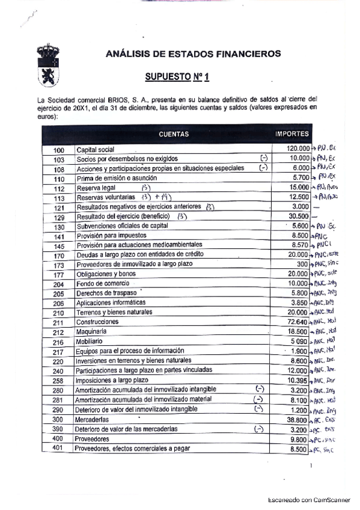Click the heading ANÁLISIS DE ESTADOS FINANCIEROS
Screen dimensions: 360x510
193,54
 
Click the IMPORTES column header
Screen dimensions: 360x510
292,134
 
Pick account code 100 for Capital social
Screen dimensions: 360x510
59,150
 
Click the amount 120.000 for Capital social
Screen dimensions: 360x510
298,149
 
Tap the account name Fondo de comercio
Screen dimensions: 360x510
101,284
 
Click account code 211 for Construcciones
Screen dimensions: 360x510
59,322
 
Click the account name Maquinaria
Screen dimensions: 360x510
91,332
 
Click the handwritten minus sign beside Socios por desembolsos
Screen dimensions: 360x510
263,158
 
